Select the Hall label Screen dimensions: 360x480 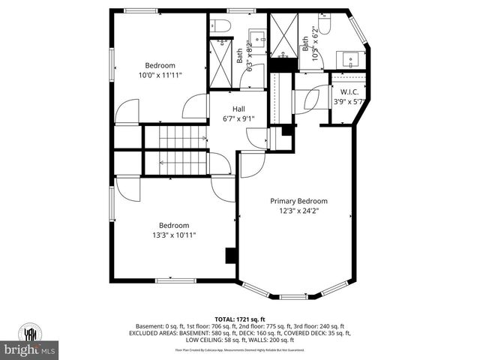click(238, 109)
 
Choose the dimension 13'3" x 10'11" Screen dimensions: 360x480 click(173, 235)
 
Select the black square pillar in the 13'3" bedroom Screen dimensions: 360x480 click(231, 256)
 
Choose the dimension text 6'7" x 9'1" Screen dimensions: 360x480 click(238, 118)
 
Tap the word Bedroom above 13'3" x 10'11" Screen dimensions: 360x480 click(173, 225)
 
